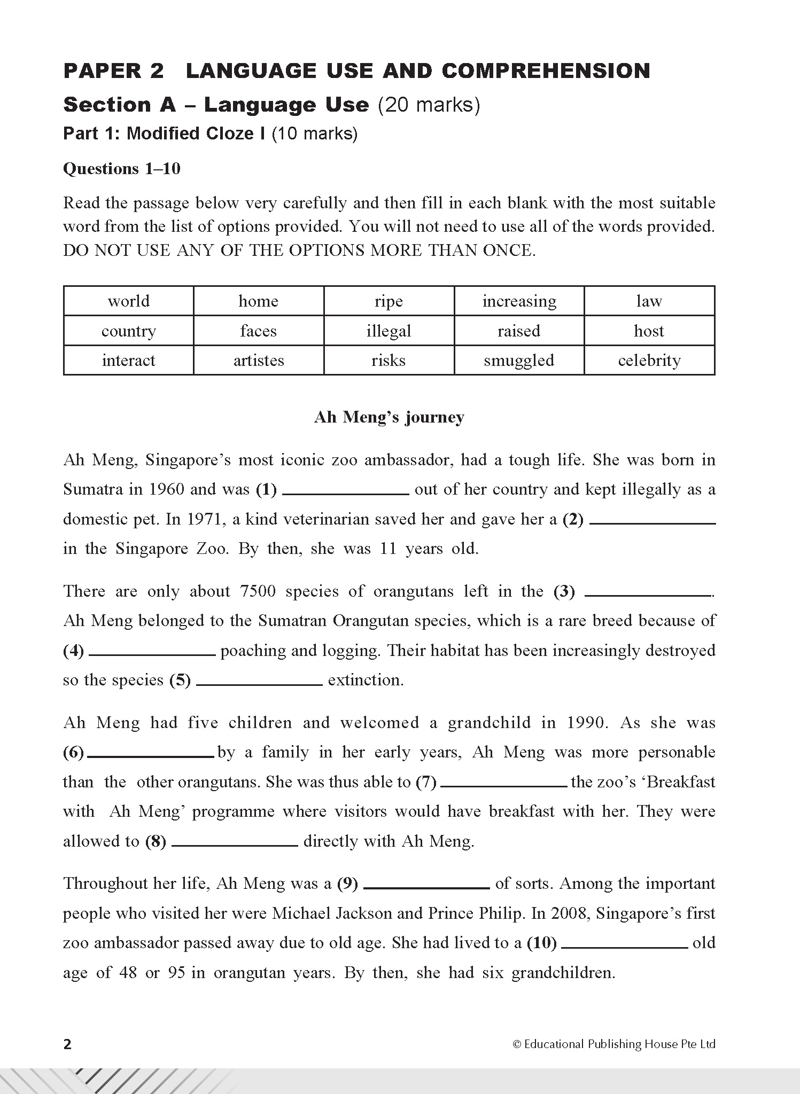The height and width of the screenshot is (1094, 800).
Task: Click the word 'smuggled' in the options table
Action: pyautogui.click(x=518, y=361)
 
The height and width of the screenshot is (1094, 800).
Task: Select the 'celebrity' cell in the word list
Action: pyautogui.click(x=649, y=361)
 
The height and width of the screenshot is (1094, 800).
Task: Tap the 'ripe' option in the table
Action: pyautogui.click(x=389, y=301)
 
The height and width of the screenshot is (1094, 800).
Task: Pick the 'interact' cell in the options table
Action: pyautogui.click(x=128, y=361)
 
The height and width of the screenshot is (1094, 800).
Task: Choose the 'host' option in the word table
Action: pyautogui.click(x=649, y=331)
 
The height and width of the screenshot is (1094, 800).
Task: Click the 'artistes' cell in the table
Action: pyautogui.click(x=258, y=361)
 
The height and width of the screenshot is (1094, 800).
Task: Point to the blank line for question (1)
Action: pyautogui.click(x=345, y=494)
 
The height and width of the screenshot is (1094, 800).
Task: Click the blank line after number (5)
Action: pyautogui.click(x=260, y=684)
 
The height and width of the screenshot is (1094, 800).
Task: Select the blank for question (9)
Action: pyautogui.click(x=426, y=887)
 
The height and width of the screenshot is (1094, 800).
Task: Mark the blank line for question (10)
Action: pyautogui.click(x=625, y=947)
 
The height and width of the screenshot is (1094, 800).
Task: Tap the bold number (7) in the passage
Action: pyautogui.click(x=426, y=783)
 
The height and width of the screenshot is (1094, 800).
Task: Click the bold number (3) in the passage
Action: pyautogui.click(x=564, y=592)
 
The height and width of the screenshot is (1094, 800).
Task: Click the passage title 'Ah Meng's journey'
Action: pyautogui.click(x=389, y=417)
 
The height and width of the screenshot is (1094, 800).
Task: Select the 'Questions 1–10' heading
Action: pyautogui.click(x=122, y=169)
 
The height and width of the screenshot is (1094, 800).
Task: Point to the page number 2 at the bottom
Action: pyautogui.click(x=67, y=1044)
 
